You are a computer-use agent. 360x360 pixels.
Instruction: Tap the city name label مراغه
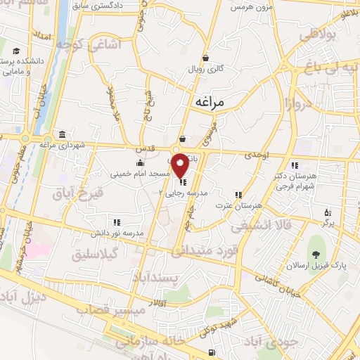coord(209,102)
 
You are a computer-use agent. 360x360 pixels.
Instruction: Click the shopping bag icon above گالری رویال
coord(205,58)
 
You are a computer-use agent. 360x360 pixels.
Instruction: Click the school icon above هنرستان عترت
coord(239,194)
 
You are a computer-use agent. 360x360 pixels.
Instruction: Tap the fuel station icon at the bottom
coord(210,352)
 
